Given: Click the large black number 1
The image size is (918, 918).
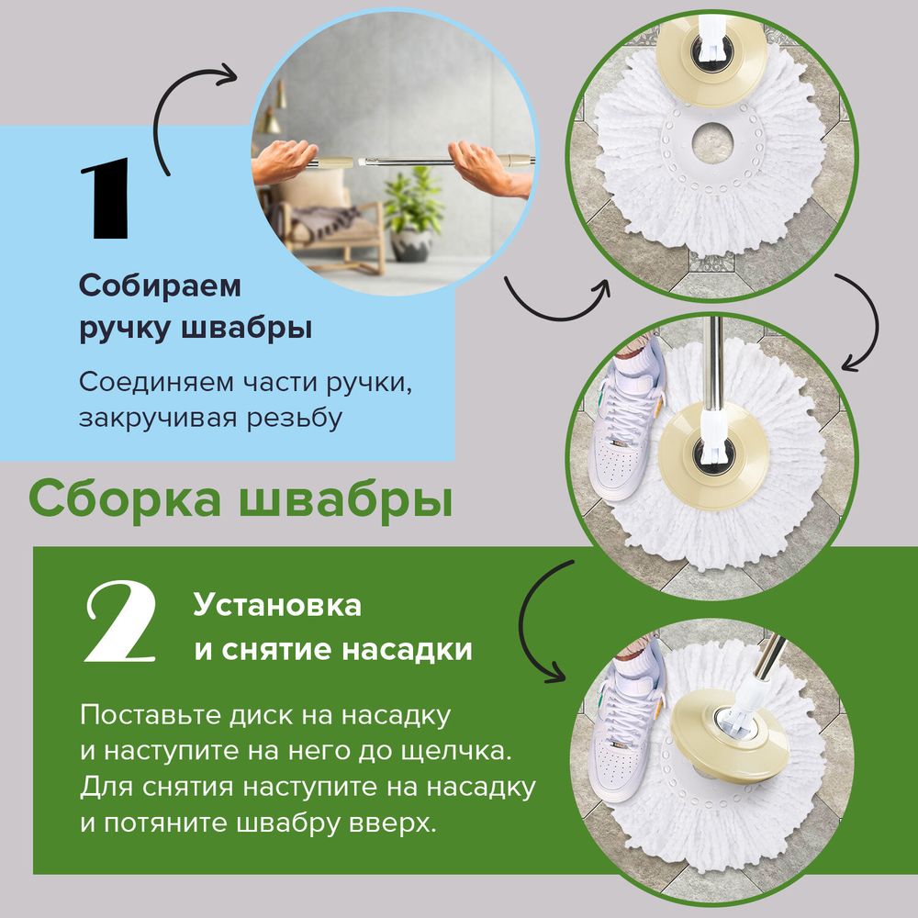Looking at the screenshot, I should (106, 200).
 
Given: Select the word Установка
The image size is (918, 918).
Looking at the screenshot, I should (277, 606).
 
